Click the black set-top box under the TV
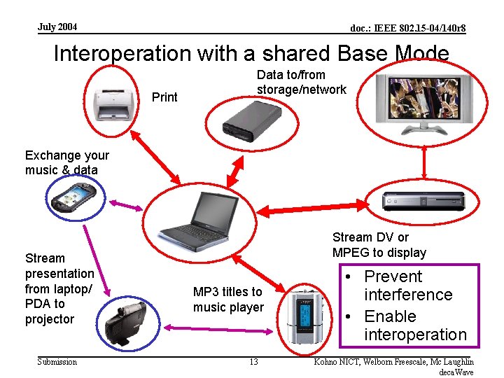pyautogui.click(x=423, y=200)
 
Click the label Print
pyautogui.click(x=164, y=97)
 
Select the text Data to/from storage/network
pyautogui.click(x=301, y=82)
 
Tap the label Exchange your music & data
pyautogui.click(x=67, y=162)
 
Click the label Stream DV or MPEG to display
pyautogui.click(x=379, y=245)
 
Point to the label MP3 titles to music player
pyautogui.click(x=228, y=300)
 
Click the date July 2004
pyautogui.click(x=58, y=27)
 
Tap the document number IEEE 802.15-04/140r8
pyautogui.click(x=408, y=29)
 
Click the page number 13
pyautogui.click(x=253, y=362)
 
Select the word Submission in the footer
pyautogui.click(x=57, y=362)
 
